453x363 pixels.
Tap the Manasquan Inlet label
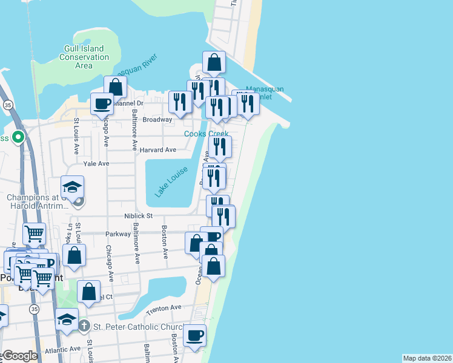(265, 93)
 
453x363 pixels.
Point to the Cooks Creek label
(207, 134)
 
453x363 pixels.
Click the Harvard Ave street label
(157, 149)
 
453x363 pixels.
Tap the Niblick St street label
(140, 215)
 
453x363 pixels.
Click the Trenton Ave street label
(164, 308)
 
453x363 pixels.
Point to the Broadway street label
(157, 120)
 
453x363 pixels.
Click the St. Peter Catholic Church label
(136, 327)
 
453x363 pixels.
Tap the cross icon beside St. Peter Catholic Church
(84, 327)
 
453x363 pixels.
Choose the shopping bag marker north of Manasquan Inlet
(214, 61)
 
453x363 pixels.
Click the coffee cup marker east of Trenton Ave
(194, 335)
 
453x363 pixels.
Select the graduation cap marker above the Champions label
(72, 186)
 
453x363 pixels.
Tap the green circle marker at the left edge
(18, 138)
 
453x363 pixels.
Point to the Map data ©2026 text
(427, 358)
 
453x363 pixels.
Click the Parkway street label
(118, 234)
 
